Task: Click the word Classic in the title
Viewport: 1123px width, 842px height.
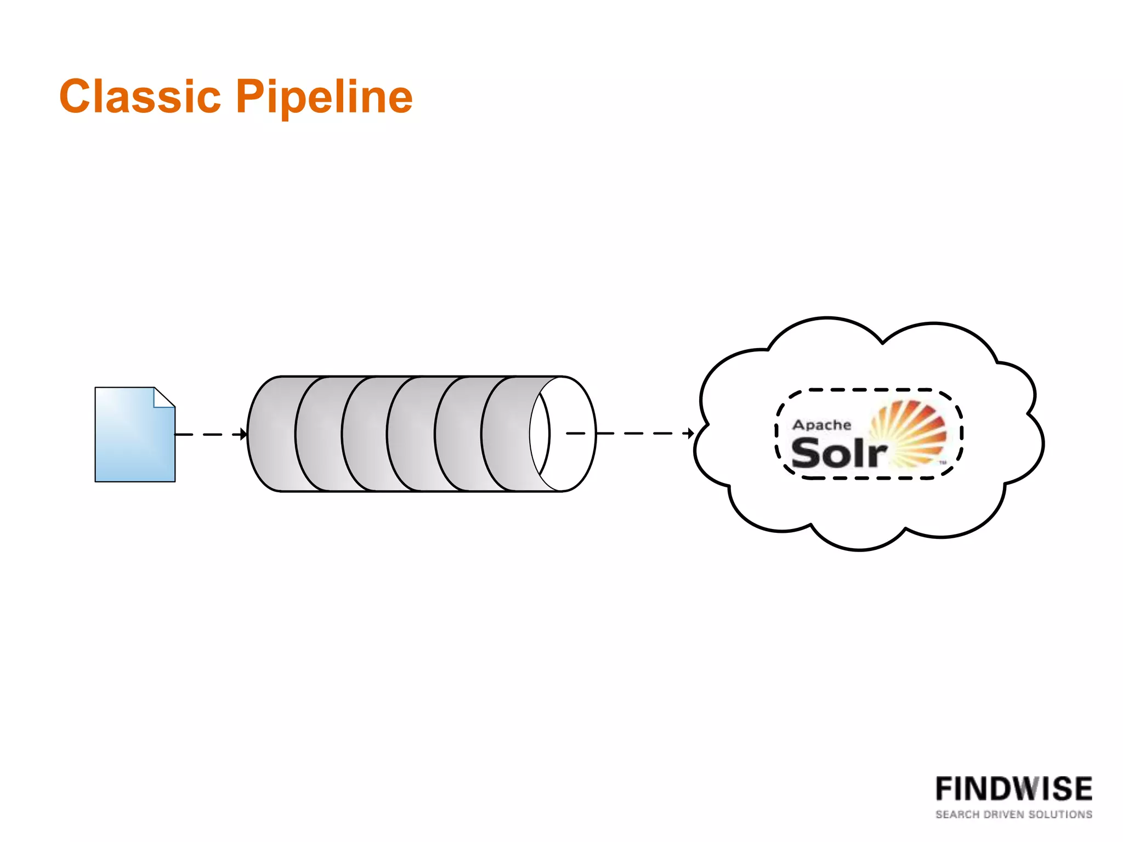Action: [x=140, y=96]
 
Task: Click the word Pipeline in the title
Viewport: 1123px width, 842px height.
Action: [x=324, y=98]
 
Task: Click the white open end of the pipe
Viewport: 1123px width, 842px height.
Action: [x=570, y=433]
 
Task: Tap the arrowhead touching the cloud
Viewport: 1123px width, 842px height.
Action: [x=691, y=434]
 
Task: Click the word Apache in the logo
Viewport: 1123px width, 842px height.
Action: [x=821, y=425]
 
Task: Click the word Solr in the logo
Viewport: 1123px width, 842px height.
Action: [x=838, y=454]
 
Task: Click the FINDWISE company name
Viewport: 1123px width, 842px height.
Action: [x=1013, y=789]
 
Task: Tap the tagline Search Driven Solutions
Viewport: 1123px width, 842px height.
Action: [x=1013, y=815]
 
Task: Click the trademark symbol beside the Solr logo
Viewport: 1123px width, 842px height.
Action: [x=943, y=463]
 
